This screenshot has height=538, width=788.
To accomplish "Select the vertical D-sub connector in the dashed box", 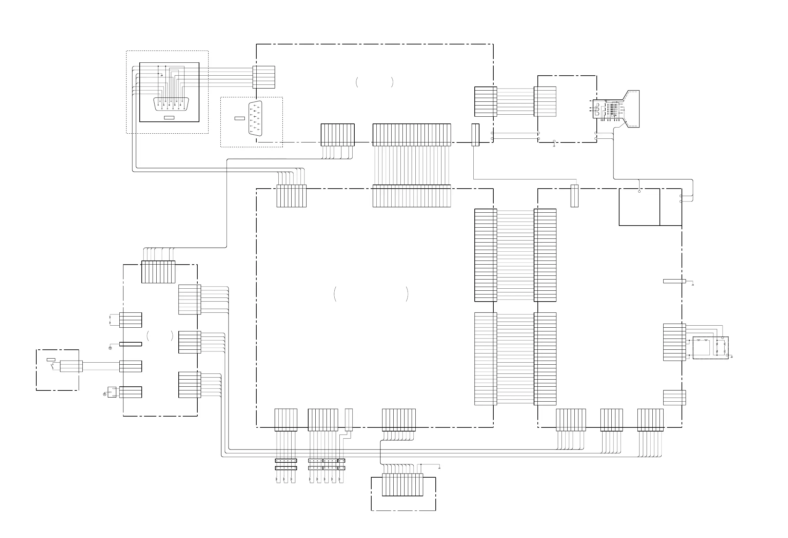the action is [x=255, y=118].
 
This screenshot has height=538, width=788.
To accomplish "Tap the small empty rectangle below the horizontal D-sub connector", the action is [x=169, y=118].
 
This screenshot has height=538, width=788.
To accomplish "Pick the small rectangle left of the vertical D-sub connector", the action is [x=239, y=118].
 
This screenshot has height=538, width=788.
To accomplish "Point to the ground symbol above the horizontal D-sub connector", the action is [x=162, y=75].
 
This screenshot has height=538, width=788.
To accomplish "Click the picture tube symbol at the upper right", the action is [x=615, y=109].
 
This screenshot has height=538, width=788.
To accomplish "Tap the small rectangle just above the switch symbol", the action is [x=51, y=360].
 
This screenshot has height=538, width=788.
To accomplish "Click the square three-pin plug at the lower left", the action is [x=112, y=392].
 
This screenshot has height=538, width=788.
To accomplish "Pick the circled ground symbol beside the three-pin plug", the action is [x=104, y=394].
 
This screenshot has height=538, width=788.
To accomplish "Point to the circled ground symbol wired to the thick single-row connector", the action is [x=111, y=349].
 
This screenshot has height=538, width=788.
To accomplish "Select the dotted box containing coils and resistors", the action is [x=710, y=348].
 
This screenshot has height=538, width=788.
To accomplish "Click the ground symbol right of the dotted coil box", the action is [x=732, y=357].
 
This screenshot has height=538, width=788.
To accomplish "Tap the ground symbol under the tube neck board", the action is [x=554, y=146].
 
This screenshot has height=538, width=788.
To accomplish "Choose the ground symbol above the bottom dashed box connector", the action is [x=439, y=468].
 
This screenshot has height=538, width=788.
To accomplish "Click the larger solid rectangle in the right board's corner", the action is [x=639, y=207].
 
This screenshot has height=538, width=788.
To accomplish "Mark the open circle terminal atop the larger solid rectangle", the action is [x=639, y=192].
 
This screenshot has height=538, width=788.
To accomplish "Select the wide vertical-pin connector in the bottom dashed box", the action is [x=402, y=485].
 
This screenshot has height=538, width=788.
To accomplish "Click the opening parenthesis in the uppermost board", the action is [x=357, y=82].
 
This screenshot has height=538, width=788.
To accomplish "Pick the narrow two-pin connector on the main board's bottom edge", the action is [x=349, y=420].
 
